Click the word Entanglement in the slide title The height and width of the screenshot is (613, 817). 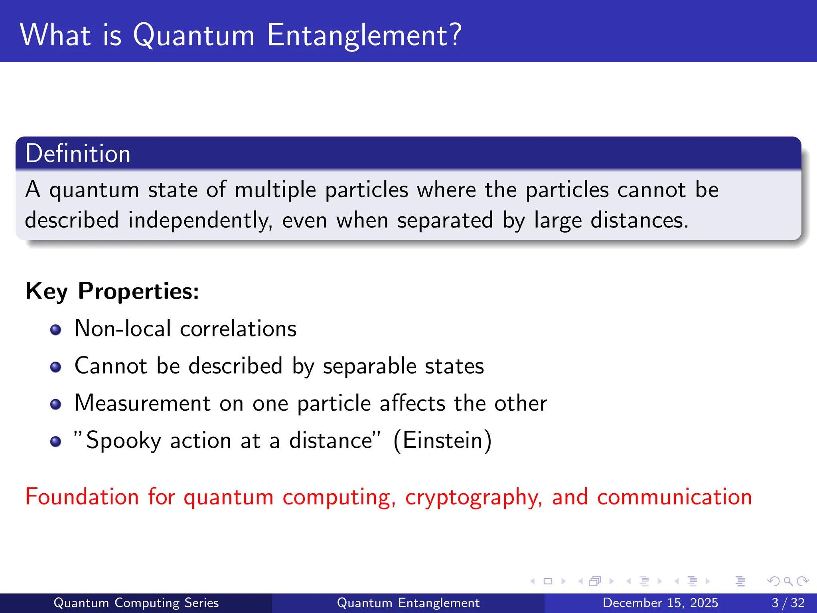pos(364,35)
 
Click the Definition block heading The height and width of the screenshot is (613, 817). pos(78,154)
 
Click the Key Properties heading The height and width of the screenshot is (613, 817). pos(112,291)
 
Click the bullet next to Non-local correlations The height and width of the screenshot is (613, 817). pos(56,330)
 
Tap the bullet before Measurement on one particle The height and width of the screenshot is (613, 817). pos(56,404)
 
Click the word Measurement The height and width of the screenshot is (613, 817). pos(142,403)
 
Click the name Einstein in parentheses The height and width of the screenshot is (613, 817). pos(442,441)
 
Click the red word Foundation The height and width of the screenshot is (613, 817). pos(82,497)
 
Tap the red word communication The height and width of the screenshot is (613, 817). pos(674,497)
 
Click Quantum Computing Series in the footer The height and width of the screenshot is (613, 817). pos(136,603)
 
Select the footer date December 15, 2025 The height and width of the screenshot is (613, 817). pos(660,603)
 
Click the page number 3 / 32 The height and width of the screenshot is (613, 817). pos(788,603)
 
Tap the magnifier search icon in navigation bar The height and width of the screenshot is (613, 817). pos(788,581)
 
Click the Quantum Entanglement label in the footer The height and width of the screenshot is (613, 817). pos(408,603)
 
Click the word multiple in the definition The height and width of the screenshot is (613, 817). pos(275,190)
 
